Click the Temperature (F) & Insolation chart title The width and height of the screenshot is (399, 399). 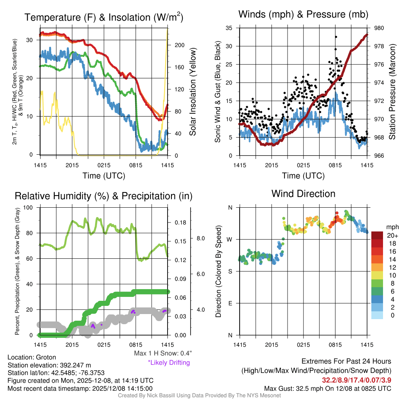(104, 18)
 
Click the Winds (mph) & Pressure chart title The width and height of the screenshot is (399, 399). (304, 14)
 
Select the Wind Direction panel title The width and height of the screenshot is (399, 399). (303, 194)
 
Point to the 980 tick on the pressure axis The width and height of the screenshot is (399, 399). (380, 28)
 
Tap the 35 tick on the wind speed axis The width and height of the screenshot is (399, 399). (229, 28)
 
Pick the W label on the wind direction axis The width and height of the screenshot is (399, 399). (230, 239)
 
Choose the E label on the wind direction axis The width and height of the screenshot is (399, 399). (230, 303)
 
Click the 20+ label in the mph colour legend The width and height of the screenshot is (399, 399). (392, 236)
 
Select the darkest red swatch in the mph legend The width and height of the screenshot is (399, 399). (377, 235)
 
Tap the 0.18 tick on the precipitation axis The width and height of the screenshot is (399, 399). (180, 223)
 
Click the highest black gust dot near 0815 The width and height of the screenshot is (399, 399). (335, 37)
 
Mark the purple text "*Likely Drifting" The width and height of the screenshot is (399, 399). (169, 362)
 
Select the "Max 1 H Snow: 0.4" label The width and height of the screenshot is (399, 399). (162, 353)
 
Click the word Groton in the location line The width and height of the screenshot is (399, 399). (46, 357)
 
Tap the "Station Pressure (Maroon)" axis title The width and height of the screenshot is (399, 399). (392, 92)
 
